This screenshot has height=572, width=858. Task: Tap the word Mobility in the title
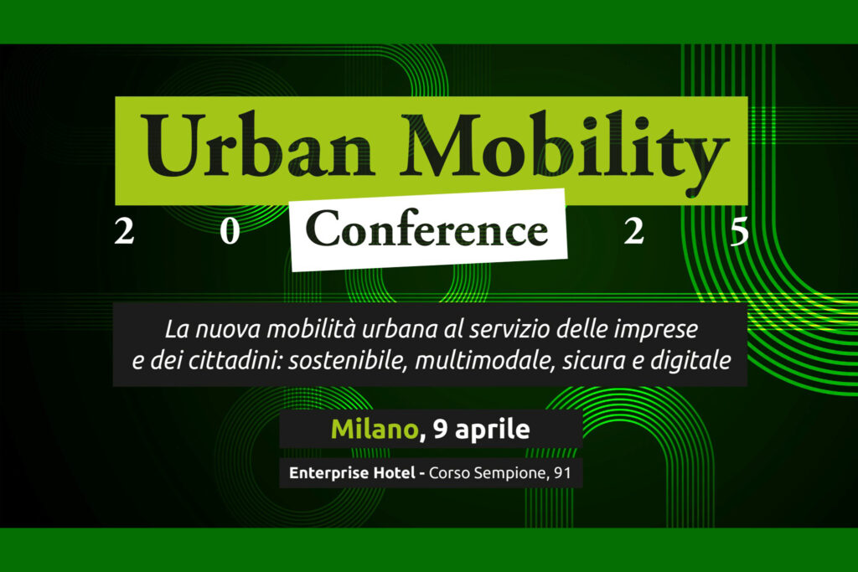point(564,151)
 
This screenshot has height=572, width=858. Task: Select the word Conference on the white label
point(426,229)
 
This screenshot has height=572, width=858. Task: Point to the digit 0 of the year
point(230,231)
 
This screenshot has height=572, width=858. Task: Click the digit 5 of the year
point(739,231)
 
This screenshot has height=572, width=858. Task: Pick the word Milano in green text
point(375,430)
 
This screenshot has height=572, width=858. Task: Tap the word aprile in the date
point(493,430)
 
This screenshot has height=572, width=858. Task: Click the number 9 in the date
point(441,430)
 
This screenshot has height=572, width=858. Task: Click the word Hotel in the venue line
point(394,472)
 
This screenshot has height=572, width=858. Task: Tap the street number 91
point(562,472)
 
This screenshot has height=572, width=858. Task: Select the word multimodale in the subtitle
point(485,361)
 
